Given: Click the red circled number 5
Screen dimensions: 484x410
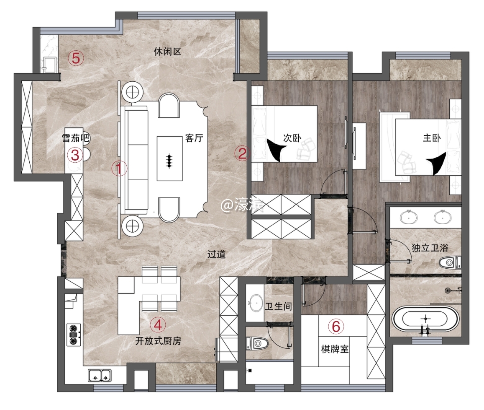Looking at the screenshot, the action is point(76,58).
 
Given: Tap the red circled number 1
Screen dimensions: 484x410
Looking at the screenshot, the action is point(119,169).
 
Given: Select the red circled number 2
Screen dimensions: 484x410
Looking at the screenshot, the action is point(242,153).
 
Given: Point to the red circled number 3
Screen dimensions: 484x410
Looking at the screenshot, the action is point(75,155).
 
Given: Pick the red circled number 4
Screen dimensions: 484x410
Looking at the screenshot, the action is point(158,325).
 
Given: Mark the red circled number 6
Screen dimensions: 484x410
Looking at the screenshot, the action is point(336,326).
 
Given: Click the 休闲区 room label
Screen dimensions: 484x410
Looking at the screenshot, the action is point(167,52).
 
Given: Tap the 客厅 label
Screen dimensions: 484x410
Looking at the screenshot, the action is point(194,138).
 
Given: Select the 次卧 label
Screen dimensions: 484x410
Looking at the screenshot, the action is point(292,138).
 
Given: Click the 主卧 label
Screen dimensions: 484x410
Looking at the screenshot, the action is point(432,138).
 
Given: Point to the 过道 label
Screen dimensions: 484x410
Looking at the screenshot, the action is point(216,254).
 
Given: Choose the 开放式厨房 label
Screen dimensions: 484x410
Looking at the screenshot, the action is point(158,341).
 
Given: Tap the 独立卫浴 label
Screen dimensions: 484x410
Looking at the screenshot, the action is point(430,247).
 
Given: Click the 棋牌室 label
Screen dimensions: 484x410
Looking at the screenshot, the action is point(335,349).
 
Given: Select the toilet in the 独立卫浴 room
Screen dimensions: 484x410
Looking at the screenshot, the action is point(450,263).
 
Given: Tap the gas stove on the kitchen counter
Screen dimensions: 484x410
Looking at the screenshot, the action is point(74,335).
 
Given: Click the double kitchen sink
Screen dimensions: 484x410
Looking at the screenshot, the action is point(100,375).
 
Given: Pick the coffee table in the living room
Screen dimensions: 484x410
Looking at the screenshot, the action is point(169,158).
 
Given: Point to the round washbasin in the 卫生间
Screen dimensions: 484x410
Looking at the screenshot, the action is point(255,302).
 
